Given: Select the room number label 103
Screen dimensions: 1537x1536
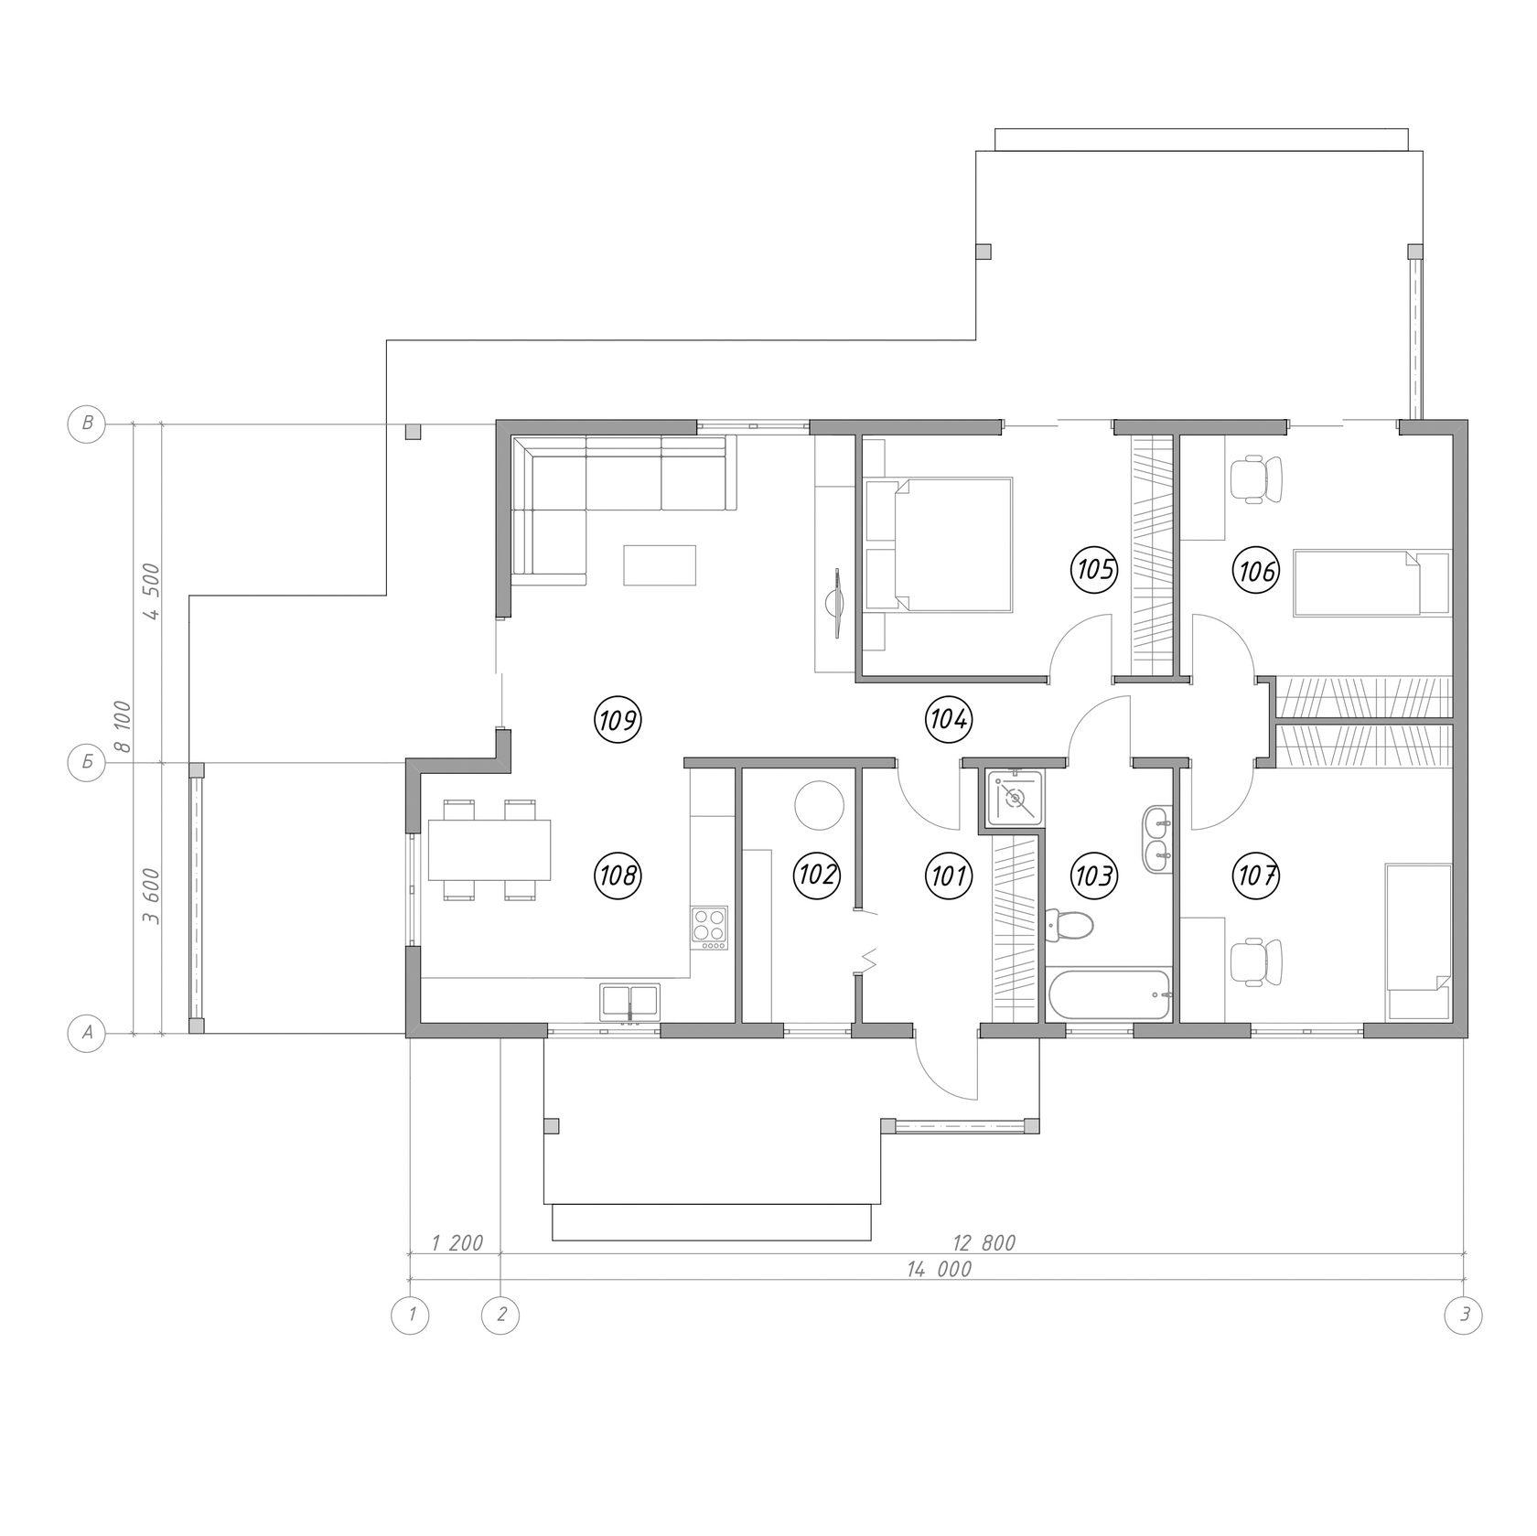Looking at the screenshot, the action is coord(1095,876).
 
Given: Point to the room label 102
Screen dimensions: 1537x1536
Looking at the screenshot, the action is coord(816,875).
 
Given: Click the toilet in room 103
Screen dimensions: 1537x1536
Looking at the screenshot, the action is coord(1069,926).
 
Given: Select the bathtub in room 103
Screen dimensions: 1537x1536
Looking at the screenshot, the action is coord(1109,996).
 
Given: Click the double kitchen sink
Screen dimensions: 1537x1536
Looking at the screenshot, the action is coord(629,1003).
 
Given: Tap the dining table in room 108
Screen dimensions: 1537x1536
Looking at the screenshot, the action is coord(489,850).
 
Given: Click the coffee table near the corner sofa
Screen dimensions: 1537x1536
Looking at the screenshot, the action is coord(660,564).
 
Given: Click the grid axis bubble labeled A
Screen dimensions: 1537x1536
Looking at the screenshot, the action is coord(88,1033).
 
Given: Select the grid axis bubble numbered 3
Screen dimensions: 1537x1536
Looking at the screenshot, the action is coord(1464,1316).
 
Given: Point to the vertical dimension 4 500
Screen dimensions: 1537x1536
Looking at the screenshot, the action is coord(152,592).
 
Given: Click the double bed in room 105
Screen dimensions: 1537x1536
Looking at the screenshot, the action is coord(939,544).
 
